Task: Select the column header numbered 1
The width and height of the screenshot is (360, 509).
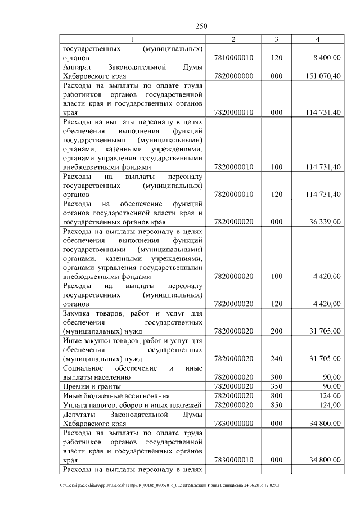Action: coord(133,39)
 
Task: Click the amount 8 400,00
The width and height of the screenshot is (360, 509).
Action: coord(325,57)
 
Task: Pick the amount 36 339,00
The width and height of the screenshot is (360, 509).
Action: coord(323,222)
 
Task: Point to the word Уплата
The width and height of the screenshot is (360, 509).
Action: coord(74,405)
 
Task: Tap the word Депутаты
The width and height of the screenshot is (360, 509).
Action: coord(79,415)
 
